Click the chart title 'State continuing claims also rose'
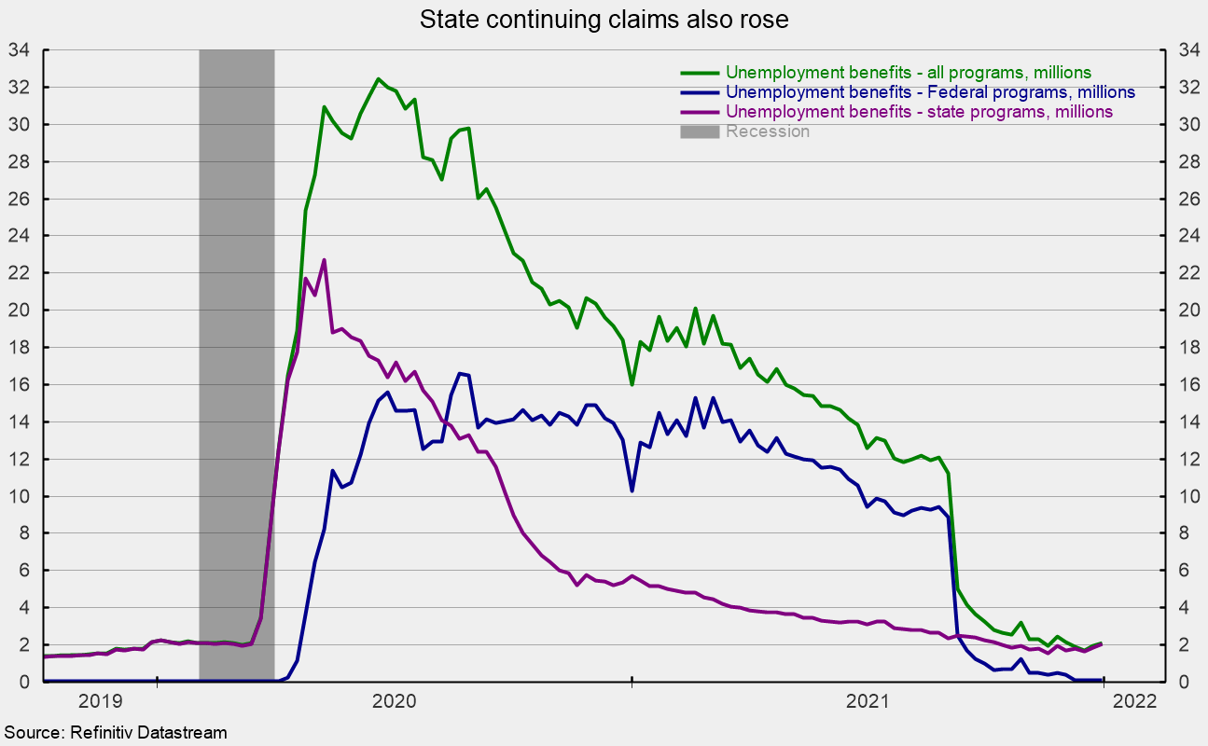point(604,20)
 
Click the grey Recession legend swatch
point(700,131)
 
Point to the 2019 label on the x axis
point(101,701)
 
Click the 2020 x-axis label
point(395,701)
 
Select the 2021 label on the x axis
point(868,701)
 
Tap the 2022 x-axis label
point(1135,701)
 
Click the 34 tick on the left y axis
point(19,50)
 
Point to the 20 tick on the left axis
point(19,311)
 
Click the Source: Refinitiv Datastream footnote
point(116,733)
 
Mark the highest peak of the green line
point(378,78)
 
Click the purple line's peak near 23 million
point(324,260)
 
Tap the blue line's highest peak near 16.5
point(460,373)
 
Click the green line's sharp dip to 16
point(632,385)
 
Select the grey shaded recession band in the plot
point(237,366)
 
